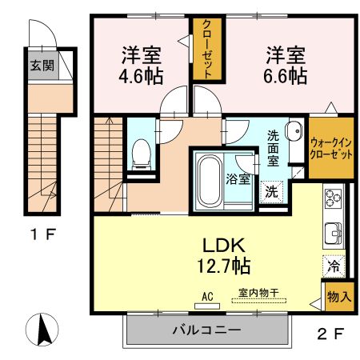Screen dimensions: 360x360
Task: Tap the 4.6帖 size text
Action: [142, 77]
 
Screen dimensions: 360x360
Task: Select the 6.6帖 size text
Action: [286, 76]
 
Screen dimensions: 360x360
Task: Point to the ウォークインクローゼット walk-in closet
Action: [330, 148]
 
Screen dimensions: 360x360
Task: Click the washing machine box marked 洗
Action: [271, 191]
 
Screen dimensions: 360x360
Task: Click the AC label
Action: [207, 296]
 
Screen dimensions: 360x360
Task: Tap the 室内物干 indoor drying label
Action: [258, 294]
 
